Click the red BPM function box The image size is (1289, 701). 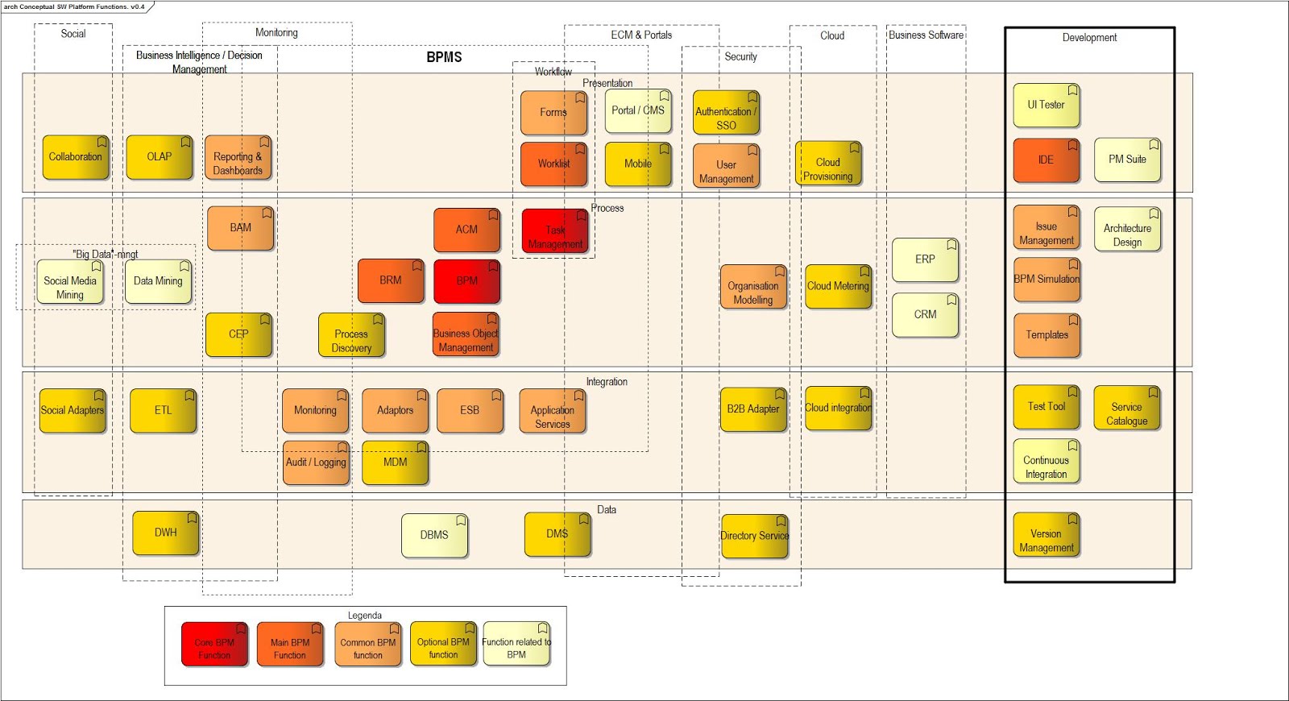tap(466, 281)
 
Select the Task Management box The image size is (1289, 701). tap(555, 232)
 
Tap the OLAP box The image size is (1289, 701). tap(159, 157)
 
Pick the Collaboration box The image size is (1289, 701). tap(76, 157)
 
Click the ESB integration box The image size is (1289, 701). tap(470, 411)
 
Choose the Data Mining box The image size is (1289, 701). tap(158, 281)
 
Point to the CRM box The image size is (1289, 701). tap(925, 315)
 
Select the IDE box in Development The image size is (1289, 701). tap(1046, 160)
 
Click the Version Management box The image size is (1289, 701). tap(1046, 535)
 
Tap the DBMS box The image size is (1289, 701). tap(434, 535)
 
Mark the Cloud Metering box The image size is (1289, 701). tap(838, 286)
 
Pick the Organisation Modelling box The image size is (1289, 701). tap(753, 287)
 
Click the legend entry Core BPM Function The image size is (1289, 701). tap(214, 644)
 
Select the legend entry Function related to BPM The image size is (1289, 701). tap(516, 644)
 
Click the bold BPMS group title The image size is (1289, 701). tap(444, 57)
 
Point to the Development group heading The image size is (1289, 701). tap(1089, 38)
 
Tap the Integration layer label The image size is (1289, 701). tap(607, 382)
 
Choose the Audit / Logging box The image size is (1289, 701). tap(316, 462)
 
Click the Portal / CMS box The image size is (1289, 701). tap(638, 111)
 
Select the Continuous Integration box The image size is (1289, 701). tap(1046, 462)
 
